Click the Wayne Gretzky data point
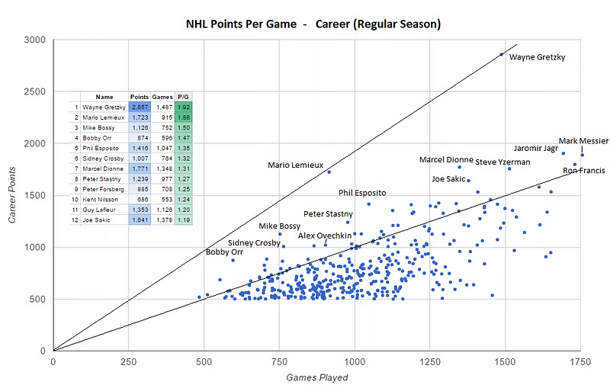[501, 54]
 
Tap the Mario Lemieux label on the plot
[296, 165]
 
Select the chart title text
[313, 24]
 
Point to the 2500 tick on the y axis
[36, 91]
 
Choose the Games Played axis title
[317, 377]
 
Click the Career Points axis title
[13, 194]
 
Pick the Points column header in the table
[140, 98]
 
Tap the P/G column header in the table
[183, 98]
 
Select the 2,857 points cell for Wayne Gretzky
[140, 107]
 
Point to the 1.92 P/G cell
[183, 107]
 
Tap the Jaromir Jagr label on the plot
[537, 148]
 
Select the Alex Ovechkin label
[325, 236]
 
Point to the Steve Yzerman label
[503, 162]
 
